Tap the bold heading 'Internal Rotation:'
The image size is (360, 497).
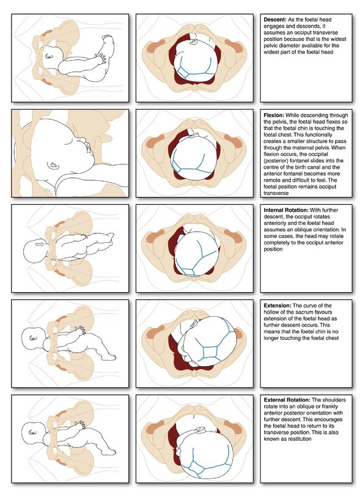(288, 210)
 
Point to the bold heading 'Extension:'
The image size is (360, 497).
(277, 305)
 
